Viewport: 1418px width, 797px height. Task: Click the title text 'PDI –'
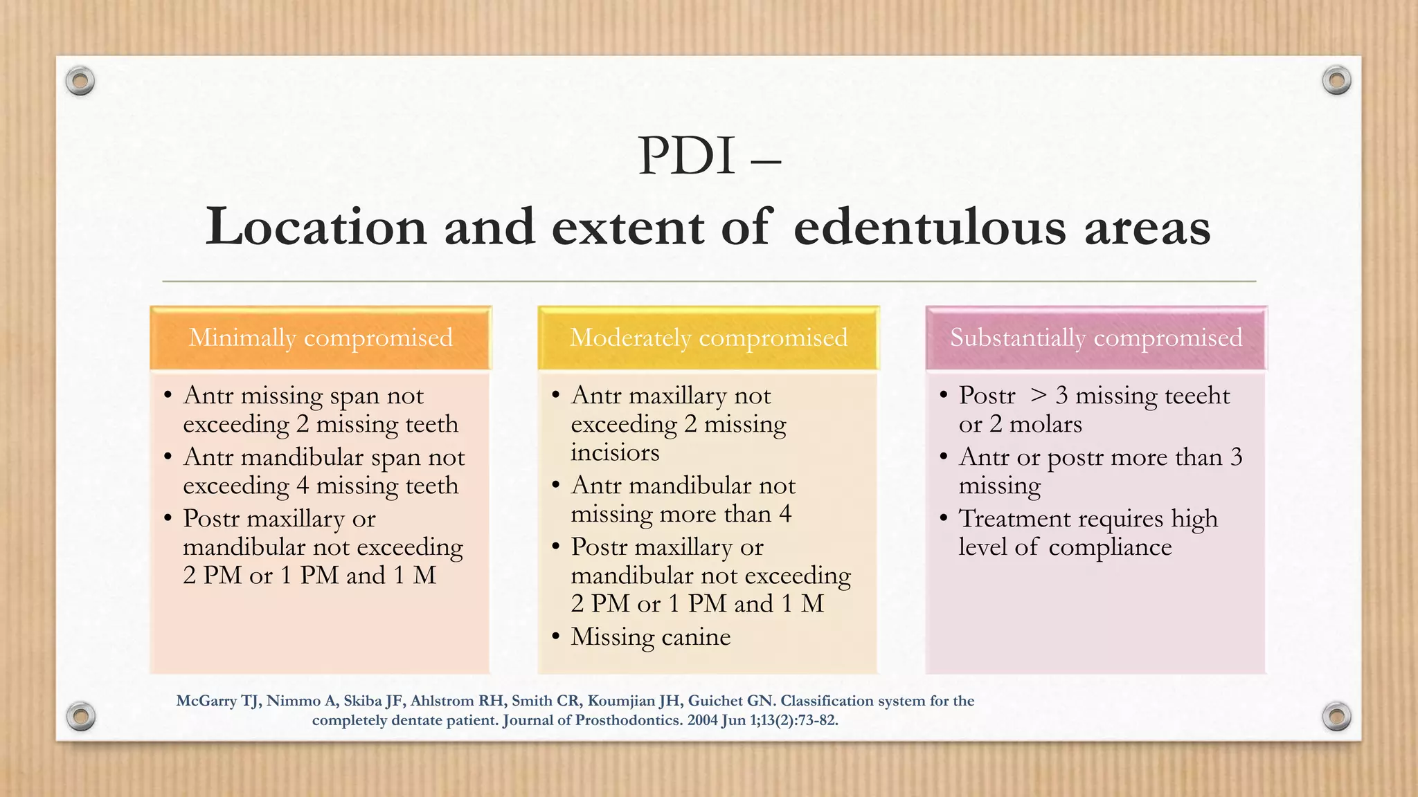pyautogui.click(x=708, y=156)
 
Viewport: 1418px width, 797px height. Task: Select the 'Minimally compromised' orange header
pyautogui.click(x=321, y=338)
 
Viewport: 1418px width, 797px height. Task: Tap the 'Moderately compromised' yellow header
pyautogui.click(x=708, y=338)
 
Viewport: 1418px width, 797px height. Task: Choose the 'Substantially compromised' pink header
pyautogui.click(x=1096, y=338)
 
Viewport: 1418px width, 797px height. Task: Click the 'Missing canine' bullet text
pyautogui.click(x=650, y=636)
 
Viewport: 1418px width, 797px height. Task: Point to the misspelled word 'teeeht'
pyautogui.click(x=1197, y=396)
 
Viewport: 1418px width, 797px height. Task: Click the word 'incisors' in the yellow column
pyautogui.click(x=615, y=452)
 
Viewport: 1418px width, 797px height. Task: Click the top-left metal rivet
pyautogui.click(x=80, y=82)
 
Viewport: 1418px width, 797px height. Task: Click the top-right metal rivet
pyautogui.click(x=1336, y=80)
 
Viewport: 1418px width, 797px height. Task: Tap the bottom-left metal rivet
pyautogui.click(x=80, y=716)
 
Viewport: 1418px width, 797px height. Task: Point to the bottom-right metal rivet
pyautogui.click(x=1336, y=716)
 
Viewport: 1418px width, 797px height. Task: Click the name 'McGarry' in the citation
pyautogui.click(x=206, y=701)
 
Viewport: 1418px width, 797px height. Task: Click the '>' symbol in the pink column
pyautogui.click(x=1039, y=396)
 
